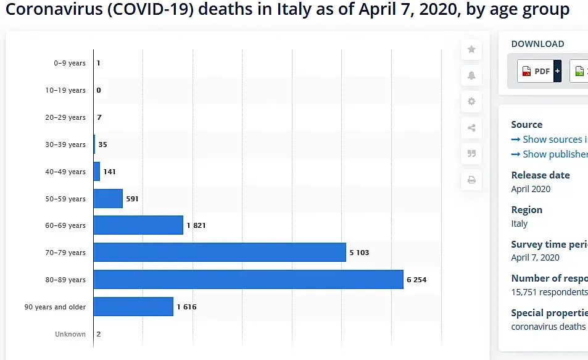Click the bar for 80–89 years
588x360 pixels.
248,280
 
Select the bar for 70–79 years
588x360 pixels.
220,253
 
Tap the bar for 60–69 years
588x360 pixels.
138,225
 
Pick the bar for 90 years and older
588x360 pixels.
133,307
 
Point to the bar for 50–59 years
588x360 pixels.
108,199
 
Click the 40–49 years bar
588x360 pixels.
97,172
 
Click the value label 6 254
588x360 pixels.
416,280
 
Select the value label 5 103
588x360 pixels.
359,253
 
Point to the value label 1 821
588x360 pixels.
196,225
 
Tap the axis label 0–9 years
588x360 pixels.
69,63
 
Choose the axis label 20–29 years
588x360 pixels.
65,117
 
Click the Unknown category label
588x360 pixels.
70,334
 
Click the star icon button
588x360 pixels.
471,49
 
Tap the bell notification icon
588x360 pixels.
471,75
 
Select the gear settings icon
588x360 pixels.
471,102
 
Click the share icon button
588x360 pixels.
471,128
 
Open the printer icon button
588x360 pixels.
471,180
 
